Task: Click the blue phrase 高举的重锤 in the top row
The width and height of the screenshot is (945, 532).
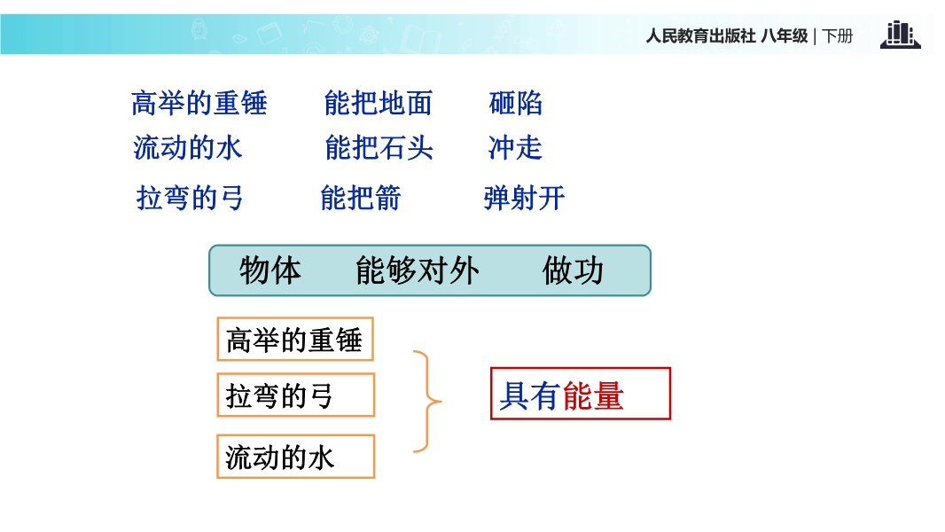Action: (199, 103)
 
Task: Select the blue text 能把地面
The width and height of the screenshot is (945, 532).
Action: (379, 103)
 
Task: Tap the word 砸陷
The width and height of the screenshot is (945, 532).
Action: (516, 103)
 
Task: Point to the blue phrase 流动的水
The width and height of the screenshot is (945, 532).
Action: (187, 147)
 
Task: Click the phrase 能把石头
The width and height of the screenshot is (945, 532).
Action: (379, 147)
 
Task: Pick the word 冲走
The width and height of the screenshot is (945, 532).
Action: (515, 147)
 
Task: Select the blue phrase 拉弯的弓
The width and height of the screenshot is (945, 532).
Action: (190, 198)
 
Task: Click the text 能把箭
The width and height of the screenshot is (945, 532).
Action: (361, 198)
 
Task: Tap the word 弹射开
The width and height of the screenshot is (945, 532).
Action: (524, 198)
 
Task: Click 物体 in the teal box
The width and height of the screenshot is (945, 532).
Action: (270, 270)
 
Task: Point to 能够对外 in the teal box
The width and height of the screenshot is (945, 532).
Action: (418, 270)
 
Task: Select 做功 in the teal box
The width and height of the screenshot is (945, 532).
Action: (573, 270)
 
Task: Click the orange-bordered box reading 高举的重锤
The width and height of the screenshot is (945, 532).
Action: (295, 340)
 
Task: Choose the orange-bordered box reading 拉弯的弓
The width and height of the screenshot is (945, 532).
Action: (296, 395)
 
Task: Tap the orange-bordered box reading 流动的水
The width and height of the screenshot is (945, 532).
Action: (296, 457)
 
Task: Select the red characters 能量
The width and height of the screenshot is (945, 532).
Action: (592, 395)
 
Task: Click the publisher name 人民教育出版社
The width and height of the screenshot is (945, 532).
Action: (701, 36)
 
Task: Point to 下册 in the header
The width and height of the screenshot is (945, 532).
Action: (838, 36)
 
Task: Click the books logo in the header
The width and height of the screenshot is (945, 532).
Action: (901, 35)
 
